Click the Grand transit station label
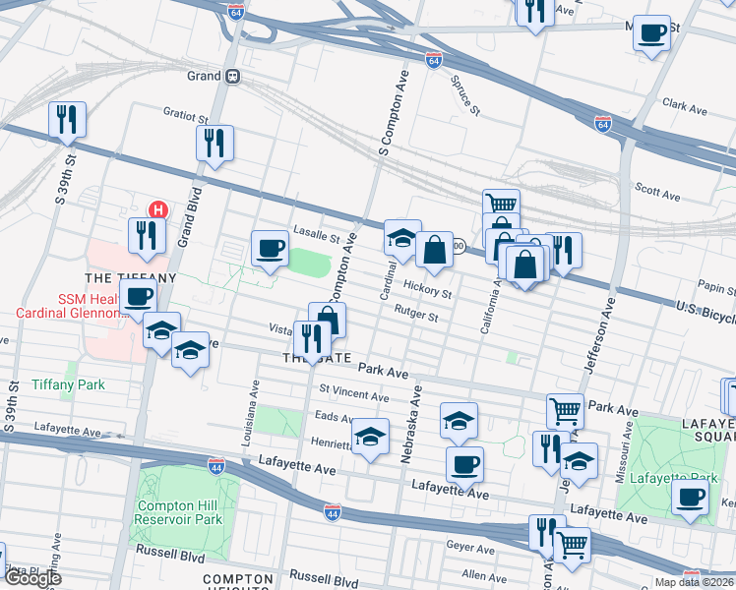click(x=204, y=76)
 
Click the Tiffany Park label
click(x=68, y=384)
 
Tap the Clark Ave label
click(x=686, y=102)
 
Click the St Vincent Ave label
click(x=353, y=395)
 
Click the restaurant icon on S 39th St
click(x=68, y=120)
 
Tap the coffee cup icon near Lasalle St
click(x=270, y=248)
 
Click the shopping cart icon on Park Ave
click(x=565, y=409)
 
